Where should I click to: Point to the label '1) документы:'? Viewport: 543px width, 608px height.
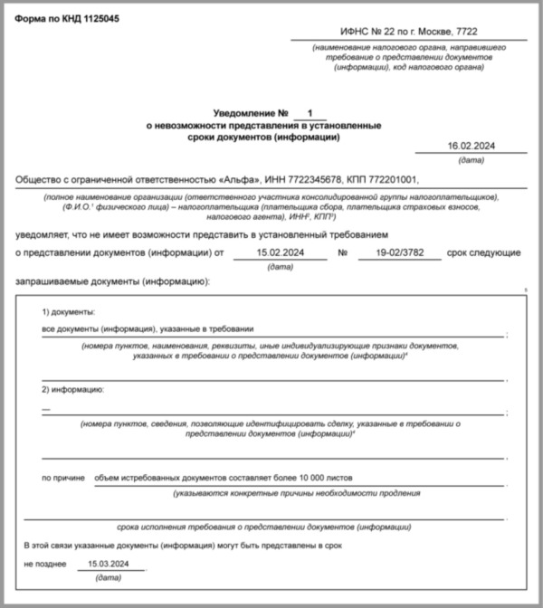(x=68, y=311)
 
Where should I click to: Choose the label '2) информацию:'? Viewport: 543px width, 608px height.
(x=72, y=390)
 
